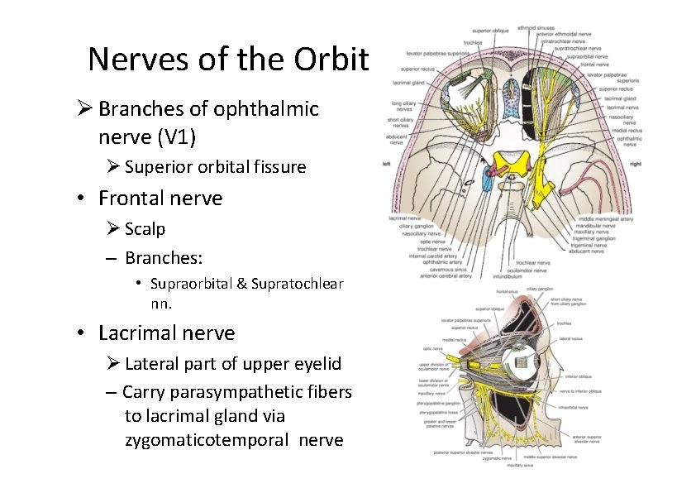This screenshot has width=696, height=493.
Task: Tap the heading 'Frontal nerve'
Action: click(x=160, y=199)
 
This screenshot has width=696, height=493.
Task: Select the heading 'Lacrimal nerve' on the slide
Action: click(x=166, y=333)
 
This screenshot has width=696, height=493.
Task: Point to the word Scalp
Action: click(x=145, y=229)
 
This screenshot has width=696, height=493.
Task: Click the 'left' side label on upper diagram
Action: click(x=387, y=164)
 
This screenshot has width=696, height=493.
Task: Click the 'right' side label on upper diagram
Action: click(x=635, y=164)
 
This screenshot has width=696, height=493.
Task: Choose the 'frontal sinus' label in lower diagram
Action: click(x=507, y=292)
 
